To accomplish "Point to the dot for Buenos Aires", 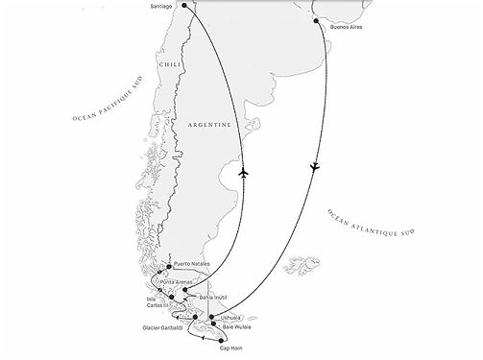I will point(320,18).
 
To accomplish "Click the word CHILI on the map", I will point(170,64).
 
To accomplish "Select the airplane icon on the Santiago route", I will point(246,173).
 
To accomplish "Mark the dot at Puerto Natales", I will point(168,266).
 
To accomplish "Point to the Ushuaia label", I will point(230,315).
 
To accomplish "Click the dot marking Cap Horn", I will point(224,339).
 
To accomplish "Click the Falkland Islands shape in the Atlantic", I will point(304,262).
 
